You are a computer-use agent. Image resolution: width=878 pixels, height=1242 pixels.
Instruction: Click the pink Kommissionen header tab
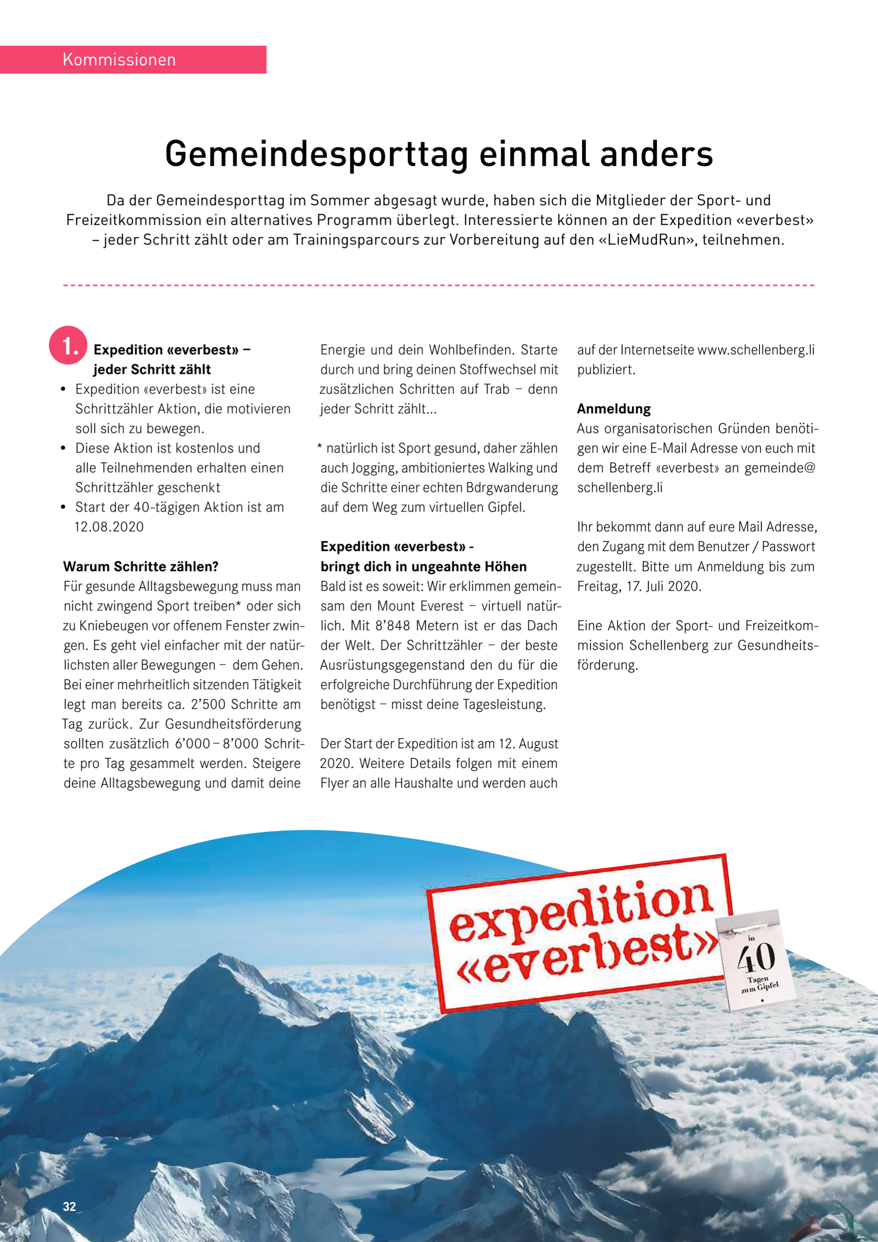[133, 59]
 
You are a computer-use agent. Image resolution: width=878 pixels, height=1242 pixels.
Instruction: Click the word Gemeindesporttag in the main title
[316, 155]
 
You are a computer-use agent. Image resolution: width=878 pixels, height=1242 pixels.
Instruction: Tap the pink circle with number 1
[68, 346]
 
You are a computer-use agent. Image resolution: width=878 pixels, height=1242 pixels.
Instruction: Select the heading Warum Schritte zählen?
[140, 567]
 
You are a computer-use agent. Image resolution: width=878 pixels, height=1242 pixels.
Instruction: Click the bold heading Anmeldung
[614, 409]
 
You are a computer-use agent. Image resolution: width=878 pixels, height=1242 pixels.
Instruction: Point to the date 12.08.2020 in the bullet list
[109, 527]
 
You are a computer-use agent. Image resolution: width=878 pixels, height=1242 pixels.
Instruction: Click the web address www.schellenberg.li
[756, 350]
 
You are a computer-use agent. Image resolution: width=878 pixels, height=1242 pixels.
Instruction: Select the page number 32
[70, 1206]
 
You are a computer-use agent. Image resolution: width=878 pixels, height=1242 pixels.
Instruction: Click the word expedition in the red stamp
[579, 907]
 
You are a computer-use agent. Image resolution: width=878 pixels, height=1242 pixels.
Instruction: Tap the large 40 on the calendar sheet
[756, 958]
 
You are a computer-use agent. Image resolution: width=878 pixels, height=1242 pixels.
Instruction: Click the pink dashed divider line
[439, 285]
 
